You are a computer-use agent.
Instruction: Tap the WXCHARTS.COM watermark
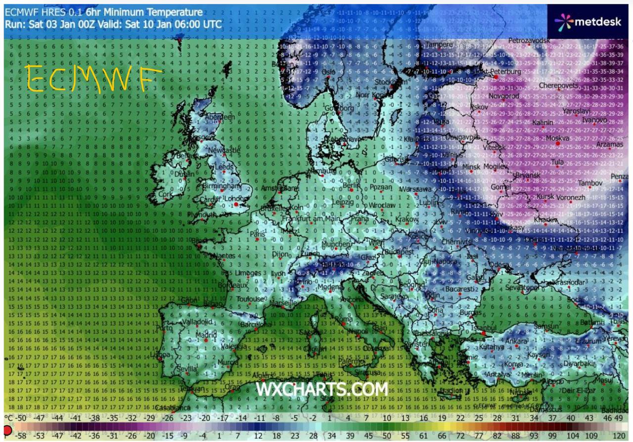[x=321, y=389]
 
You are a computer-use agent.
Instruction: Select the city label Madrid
[x=206, y=335]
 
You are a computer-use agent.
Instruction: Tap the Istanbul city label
[x=483, y=327]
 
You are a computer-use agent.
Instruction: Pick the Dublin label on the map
[x=184, y=174]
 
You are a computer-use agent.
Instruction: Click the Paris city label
[x=258, y=234]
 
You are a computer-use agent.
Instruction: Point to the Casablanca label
[x=173, y=407]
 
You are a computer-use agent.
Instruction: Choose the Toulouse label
[x=250, y=299]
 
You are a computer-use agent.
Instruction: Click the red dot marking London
[x=236, y=204]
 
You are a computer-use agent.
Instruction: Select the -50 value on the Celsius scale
[x=20, y=418]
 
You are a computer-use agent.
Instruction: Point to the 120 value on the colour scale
[x=618, y=435]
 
